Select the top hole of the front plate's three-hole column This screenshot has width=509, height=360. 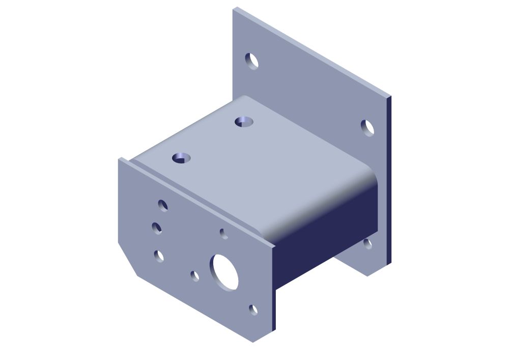point(163,205)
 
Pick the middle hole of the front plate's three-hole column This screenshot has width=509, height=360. point(157,228)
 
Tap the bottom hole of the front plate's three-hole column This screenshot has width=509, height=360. point(159,256)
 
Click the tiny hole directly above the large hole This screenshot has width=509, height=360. point(223,233)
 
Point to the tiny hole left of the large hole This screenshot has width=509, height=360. point(194,276)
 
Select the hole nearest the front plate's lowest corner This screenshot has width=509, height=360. point(253,309)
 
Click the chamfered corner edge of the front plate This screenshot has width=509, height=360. point(127,260)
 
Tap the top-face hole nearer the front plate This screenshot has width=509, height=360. point(181,158)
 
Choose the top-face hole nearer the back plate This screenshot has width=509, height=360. point(244,122)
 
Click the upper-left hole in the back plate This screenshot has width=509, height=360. point(251,61)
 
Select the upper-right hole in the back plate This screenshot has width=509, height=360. point(367,128)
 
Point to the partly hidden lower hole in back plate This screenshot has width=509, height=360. point(367,244)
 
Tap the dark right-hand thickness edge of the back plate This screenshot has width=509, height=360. point(389,178)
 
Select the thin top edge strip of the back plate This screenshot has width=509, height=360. point(310,51)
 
